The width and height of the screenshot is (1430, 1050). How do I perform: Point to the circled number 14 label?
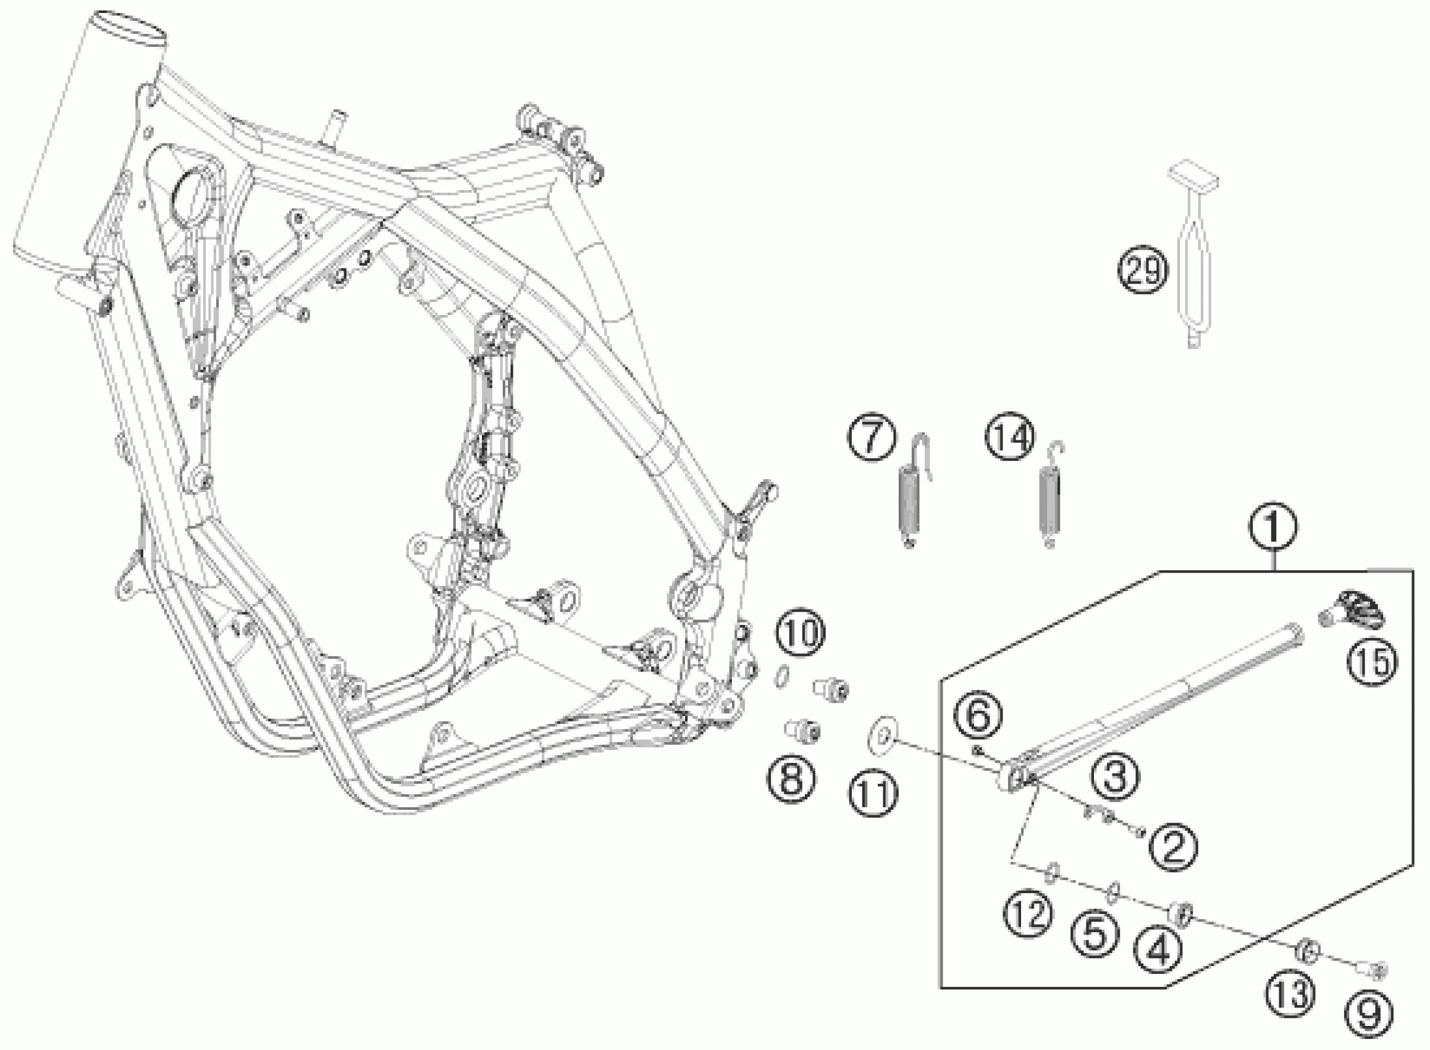pyautogui.click(x=1010, y=438)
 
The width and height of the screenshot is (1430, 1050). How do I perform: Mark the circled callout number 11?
pyautogui.click(x=873, y=794)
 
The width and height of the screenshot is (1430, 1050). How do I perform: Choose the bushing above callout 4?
pyautogui.click(x=1180, y=916)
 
